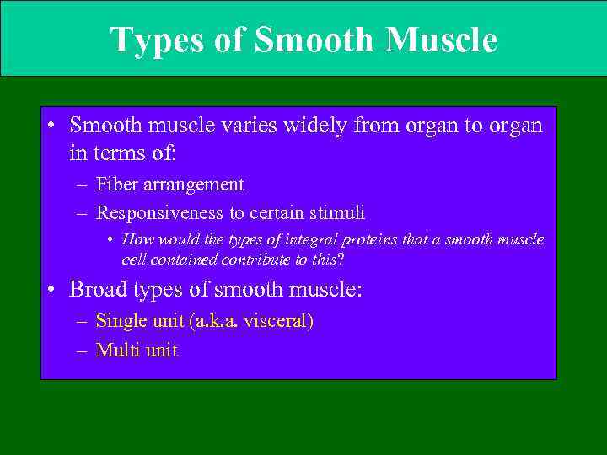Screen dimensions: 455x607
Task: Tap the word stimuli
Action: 337,213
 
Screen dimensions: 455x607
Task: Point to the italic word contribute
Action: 247,260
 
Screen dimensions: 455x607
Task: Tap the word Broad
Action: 94,290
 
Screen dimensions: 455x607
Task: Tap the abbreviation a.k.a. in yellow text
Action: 214,321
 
